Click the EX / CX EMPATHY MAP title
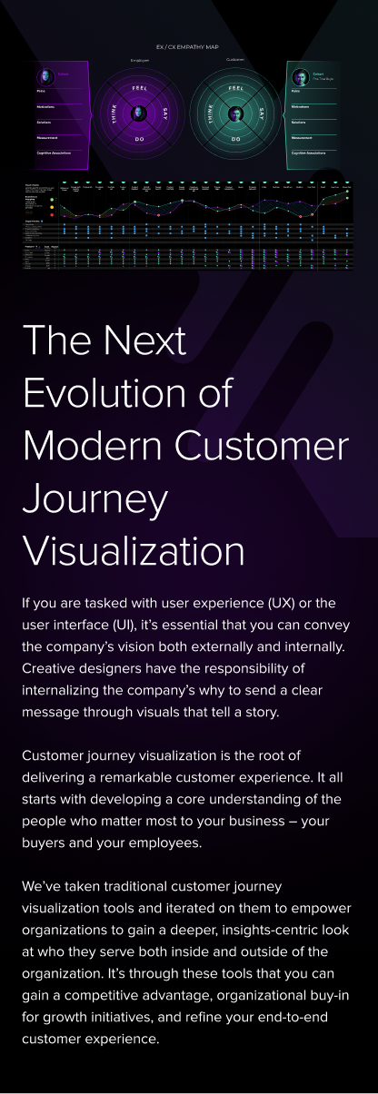coord(188,46)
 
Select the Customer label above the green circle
coord(235,62)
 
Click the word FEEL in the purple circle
coord(139,88)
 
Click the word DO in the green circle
coord(236,139)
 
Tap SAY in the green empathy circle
coord(262,114)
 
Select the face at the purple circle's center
coord(139,113)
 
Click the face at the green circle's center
coord(236,113)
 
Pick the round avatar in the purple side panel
coord(45,77)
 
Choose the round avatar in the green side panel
coord(299,77)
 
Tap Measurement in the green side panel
coord(303,137)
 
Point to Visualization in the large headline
coord(133,550)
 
